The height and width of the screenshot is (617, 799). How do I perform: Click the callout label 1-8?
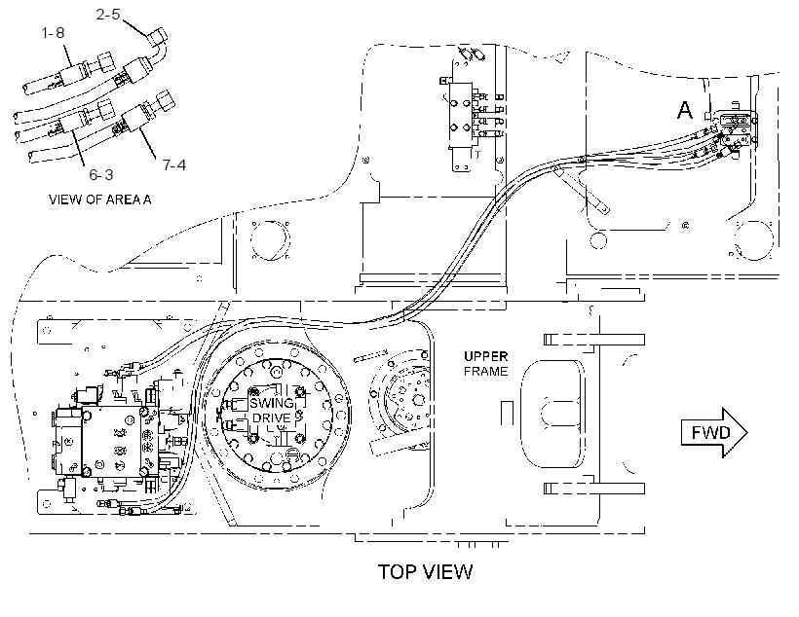(x=53, y=33)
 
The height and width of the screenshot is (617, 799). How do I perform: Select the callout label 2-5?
(x=108, y=15)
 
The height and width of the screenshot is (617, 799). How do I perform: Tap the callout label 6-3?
(x=101, y=174)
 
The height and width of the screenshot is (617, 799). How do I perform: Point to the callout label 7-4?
(x=174, y=164)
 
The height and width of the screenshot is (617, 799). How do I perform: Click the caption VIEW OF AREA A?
(x=99, y=200)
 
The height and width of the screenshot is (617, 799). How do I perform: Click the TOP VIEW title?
(x=425, y=571)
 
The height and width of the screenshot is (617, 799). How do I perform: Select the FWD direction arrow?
(x=714, y=433)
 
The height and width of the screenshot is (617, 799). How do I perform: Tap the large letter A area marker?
(x=685, y=110)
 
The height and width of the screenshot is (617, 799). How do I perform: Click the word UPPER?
(x=485, y=356)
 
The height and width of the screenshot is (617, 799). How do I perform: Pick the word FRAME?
(x=485, y=372)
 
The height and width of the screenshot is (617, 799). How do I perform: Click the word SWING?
(x=272, y=404)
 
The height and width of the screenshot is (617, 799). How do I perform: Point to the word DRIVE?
(x=272, y=417)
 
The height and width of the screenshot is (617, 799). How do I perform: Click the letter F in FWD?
(x=697, y=433)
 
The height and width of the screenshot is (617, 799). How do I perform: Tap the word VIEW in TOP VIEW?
(x=446, y=571)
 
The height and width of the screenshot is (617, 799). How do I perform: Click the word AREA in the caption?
(x=123, y=200)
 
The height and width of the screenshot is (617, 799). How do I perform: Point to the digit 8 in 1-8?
(x=60, y=33)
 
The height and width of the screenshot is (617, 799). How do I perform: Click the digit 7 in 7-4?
(x=167, y=164)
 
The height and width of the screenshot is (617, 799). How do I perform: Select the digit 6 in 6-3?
(x=94, y=174)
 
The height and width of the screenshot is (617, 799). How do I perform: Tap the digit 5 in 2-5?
(x=116, y=15)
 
